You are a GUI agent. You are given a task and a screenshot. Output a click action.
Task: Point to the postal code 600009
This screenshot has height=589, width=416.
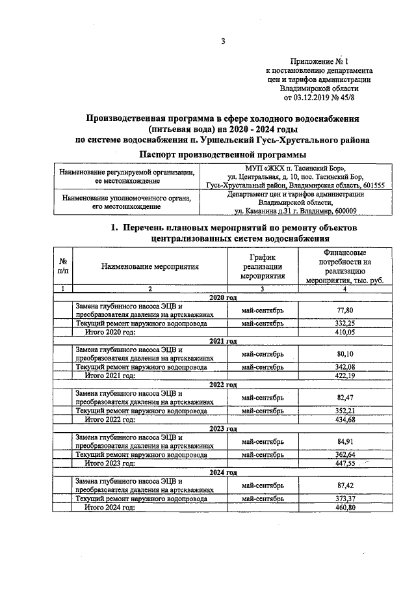346,211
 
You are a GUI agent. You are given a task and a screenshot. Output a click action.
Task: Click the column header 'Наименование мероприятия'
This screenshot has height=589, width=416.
149,266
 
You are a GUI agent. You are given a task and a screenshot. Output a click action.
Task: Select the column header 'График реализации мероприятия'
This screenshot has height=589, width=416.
262,266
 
